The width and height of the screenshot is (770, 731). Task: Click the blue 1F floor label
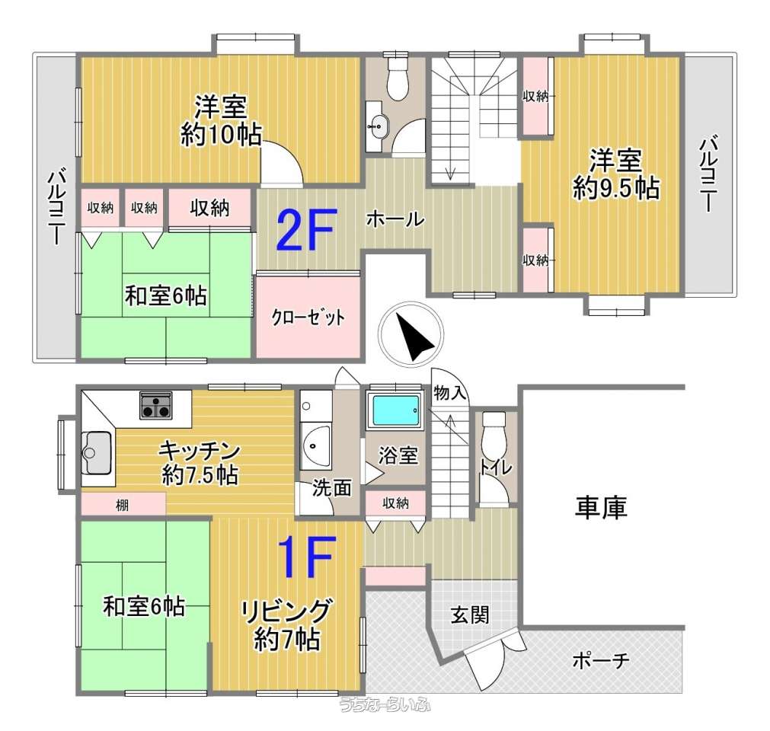point(307,557)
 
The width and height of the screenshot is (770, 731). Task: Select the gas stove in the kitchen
point(155,405)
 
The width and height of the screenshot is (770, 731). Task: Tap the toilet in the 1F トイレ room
point(494,435)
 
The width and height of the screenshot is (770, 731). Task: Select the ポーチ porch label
point(601,661)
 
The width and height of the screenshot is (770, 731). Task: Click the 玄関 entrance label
point(470,614)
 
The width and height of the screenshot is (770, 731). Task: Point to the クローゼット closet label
point(308,318)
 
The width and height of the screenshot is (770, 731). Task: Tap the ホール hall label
point(395,219)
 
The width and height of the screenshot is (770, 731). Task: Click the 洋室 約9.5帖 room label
point(616,174)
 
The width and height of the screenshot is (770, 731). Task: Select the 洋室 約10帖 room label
point(221,121)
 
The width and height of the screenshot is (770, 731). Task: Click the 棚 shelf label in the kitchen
point(123,505)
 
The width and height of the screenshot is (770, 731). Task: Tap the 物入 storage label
point(449,393)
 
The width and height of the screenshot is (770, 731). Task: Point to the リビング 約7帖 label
point(286,625)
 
